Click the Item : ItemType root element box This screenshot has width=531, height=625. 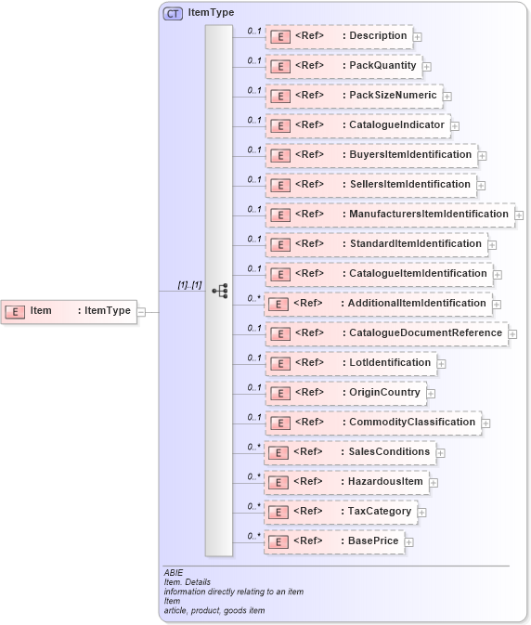[x=70, y=311]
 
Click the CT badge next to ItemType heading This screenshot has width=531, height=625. [x=173, y=13]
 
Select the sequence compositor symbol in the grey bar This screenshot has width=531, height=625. [x=219, y=291]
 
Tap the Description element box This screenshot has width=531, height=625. [x=339, y=36]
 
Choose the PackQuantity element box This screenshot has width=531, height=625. [x=343, y=66]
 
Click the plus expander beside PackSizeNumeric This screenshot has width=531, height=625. [x=447, y=96]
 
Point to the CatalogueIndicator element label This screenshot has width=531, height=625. [x=396, y=124]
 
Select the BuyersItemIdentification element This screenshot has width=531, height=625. [x=371, y=155]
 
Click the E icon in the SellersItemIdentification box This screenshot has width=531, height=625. [x=279, y=185]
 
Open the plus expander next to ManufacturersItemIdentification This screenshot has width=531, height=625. [x=521, y=215]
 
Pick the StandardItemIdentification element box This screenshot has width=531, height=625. [x=376, y=244]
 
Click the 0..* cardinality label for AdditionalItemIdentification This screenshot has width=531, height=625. [x=253, y=298]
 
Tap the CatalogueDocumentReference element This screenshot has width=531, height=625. [x=386, y=333]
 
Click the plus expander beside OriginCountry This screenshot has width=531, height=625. [x=431, y=394]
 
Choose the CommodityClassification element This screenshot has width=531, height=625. [x=373, y=423]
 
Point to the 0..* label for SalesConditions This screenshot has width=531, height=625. [x=253, y=447]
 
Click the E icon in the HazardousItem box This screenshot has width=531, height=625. [x=278, y=482]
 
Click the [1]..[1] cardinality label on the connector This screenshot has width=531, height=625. [x=189, y=285]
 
